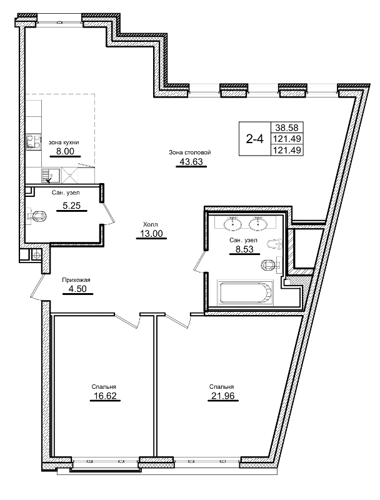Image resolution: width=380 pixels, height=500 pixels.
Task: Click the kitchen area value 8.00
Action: [x=65, y=151]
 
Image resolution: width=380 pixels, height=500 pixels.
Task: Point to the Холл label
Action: [x=150, y=224]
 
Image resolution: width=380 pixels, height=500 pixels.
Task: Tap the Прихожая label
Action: [x=76, y=280]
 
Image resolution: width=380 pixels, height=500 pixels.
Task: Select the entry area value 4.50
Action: [x=76, y=289]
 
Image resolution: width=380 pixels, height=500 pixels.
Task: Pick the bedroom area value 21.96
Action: [x=221, y=396]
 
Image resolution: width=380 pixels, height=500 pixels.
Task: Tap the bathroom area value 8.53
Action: [x=241, y=248]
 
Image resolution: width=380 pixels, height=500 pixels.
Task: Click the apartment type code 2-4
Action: [x=254, y=139]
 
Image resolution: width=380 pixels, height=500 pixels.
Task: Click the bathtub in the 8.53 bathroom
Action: [x=245, y=292]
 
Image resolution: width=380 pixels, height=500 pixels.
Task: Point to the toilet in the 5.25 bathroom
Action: [x=38, y=217]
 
